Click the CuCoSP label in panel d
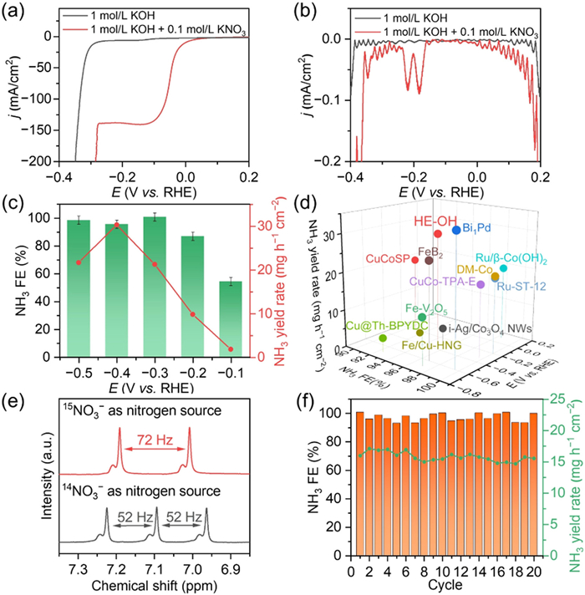tap(388, 260)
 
